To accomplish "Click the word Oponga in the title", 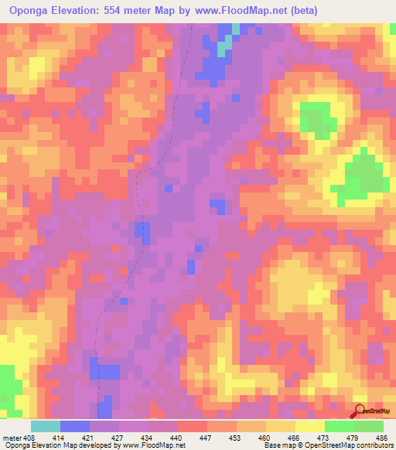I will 32,11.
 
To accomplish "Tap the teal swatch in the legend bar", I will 46,426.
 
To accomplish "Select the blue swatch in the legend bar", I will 75,426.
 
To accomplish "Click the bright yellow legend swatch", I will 309,426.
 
